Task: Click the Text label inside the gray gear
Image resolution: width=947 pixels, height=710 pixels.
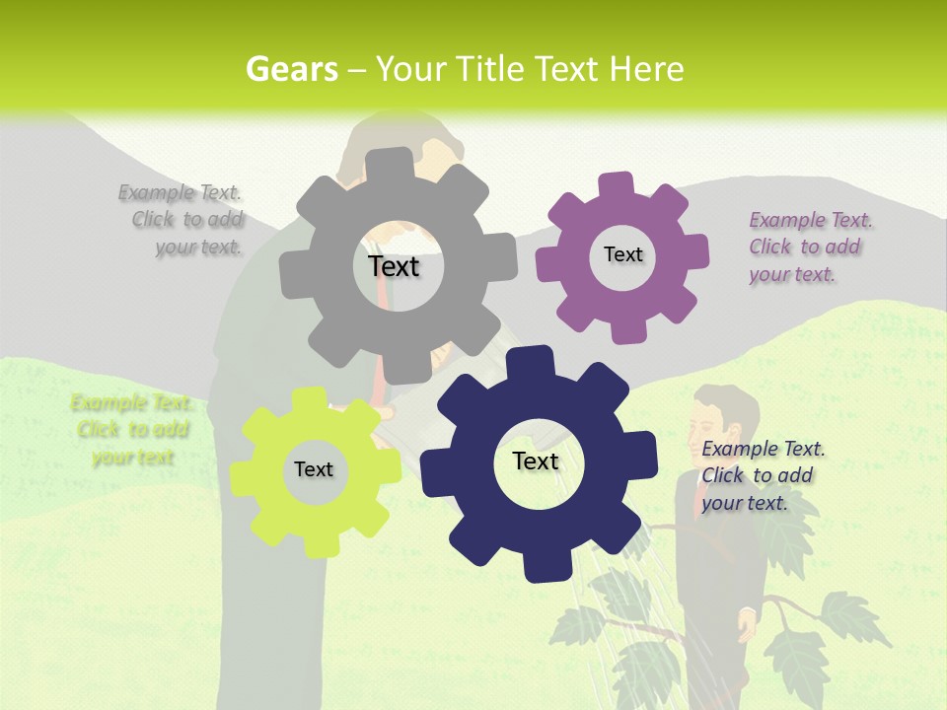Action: point(394,266)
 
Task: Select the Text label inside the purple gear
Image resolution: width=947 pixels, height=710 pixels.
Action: point(622,254)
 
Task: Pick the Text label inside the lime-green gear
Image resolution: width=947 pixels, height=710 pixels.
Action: point(314,469)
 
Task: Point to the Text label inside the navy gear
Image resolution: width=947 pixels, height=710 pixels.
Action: point(536,461)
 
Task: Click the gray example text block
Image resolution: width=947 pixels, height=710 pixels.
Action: point(186,220)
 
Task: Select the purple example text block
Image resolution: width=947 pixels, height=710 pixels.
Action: point(810,247)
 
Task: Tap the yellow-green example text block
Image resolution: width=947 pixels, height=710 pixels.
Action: point(132,430)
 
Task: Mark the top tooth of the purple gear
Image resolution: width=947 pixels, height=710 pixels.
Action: point(616,184)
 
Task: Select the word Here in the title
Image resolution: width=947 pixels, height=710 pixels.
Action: point(646,69)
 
